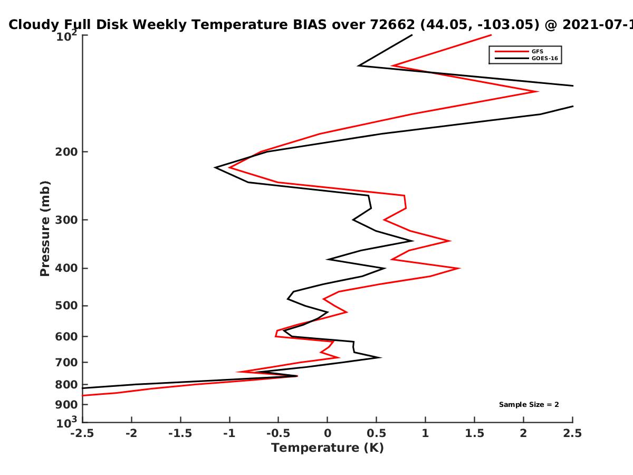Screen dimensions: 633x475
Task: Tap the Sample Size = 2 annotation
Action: tap(529, 405)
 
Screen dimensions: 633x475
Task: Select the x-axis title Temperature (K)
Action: tap(328, 448)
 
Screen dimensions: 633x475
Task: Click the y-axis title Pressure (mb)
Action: tap(45, 229)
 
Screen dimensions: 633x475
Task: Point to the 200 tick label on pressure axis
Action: tap(66, 151)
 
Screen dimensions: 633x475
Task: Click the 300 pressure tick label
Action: tap(66, 220)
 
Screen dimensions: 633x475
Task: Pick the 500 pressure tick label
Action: tap(66, 306)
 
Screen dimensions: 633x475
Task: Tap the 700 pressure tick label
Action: tap(66, 362)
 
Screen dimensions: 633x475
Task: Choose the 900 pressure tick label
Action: tap(66, 405)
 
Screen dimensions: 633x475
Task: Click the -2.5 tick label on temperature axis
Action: tap(82, 433)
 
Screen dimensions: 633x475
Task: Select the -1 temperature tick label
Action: tap(229, 433)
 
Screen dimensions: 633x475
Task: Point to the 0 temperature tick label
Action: tap(328, 433)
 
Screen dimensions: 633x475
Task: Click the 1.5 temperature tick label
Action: tap(474, 433)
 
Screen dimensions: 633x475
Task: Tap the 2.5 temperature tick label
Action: tap(572, 433)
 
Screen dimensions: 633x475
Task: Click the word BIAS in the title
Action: tap(310, 24)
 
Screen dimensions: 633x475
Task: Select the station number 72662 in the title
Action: tap(392, 24)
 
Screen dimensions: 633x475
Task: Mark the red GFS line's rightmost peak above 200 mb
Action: tap(538, 91)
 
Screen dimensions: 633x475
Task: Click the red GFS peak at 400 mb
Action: tap(459, 268)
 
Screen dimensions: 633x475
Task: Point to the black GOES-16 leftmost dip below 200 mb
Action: tap(215, 167)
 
